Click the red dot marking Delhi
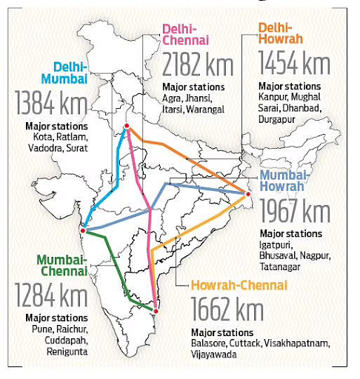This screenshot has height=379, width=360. (127, 127)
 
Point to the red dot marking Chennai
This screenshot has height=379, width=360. (155, 309)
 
